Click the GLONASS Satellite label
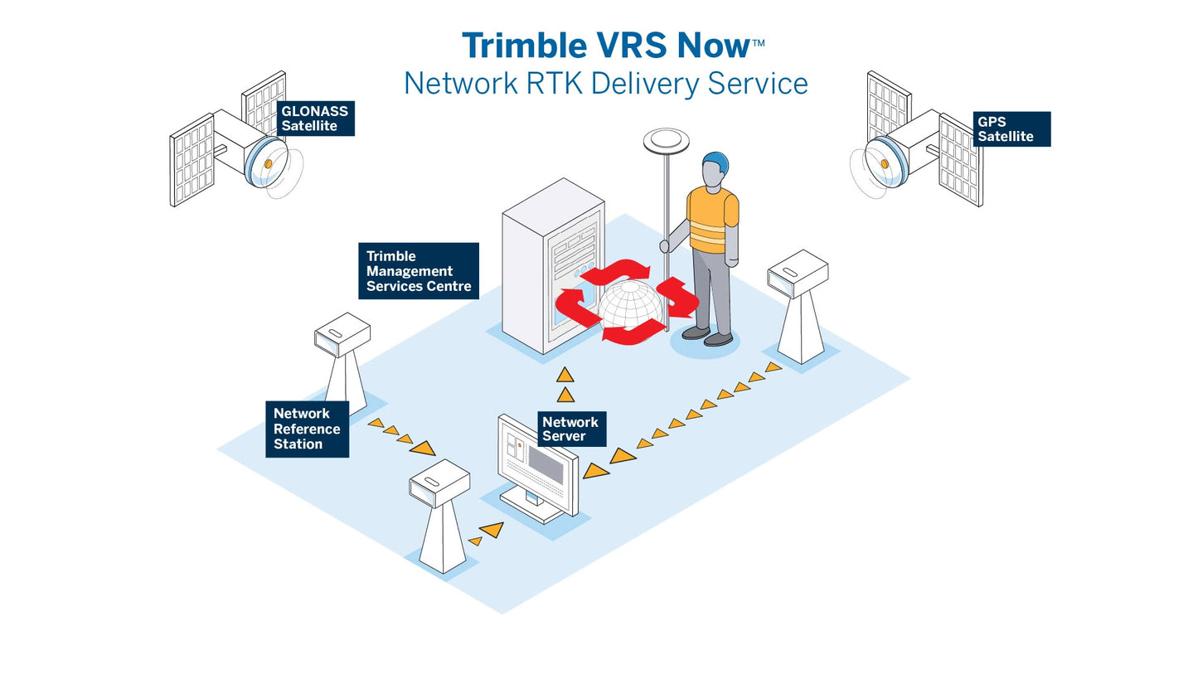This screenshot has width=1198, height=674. pos(314,119)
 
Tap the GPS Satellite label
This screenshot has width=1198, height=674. pos(1011,129)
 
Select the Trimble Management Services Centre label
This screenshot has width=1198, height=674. pos(418,271)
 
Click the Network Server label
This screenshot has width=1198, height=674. pos(570,429)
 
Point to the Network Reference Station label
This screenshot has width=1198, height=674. pos(307,429)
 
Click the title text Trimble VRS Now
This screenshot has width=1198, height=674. pos(605,46)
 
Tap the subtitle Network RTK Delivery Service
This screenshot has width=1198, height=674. pos(605,84)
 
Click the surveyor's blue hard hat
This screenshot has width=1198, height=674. pos(716,161)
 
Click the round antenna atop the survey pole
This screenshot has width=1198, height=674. pos(666,139)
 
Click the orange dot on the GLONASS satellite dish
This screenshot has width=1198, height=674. pos(269,164)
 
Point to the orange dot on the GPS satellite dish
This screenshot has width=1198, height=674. pos(885,164)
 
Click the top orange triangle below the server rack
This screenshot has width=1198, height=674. pos(565,376)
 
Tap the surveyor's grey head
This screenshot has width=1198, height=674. pos(711,175)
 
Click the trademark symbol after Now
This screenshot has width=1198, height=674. pos(758,41)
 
